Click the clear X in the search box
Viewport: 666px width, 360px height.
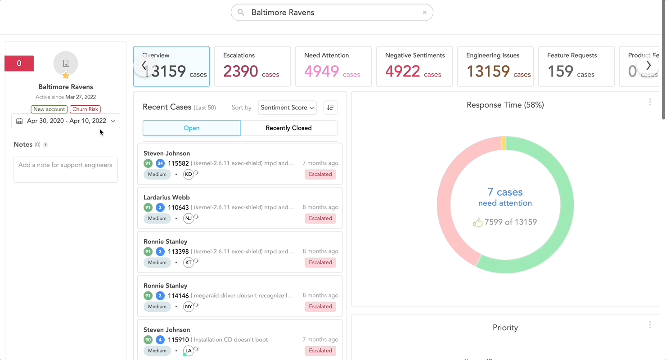424,13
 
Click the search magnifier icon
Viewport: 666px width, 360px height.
241,13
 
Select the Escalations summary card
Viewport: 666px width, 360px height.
252,66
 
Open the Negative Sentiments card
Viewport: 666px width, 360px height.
414,66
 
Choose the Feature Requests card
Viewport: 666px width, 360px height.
576,66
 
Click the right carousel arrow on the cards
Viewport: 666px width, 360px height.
648,66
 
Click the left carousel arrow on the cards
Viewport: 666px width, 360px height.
144,66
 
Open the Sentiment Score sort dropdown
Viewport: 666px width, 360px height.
287,108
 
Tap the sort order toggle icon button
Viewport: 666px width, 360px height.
330,108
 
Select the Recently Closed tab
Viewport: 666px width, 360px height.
288,128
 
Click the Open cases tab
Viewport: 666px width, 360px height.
191,128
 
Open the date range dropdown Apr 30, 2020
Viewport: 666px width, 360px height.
66,121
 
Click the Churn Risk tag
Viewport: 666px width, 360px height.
85,109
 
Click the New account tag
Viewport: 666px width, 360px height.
49,109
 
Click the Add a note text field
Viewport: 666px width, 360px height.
66,169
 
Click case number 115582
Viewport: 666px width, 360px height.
178,163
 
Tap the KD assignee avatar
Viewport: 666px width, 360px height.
189,174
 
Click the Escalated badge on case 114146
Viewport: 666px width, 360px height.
320,306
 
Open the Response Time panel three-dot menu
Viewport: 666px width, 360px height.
650,102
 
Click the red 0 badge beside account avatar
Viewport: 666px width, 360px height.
19,63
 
